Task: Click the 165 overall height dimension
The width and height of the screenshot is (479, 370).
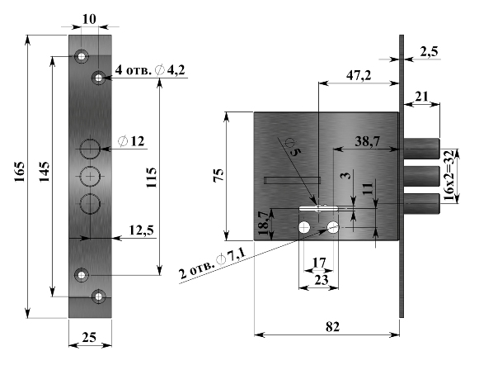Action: (20, 172)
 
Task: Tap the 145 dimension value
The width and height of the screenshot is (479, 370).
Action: (45, 172)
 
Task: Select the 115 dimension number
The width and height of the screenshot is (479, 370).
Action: (151, 178)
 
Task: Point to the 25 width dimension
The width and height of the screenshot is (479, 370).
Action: (89, 337)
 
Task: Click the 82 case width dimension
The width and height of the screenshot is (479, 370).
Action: (332, 327)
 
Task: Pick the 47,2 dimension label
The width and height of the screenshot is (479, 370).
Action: (359, 74)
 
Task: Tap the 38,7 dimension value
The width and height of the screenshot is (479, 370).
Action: (368, 141)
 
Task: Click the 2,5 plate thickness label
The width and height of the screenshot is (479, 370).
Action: (430, 51)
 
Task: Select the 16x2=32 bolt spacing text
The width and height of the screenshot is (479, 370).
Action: (448, 175)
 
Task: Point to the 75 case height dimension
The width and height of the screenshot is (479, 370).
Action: (218, 176)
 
